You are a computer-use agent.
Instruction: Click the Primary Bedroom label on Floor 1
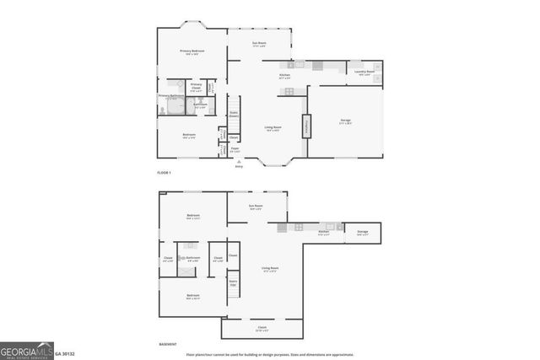pyautogui.click(x=192, y=52)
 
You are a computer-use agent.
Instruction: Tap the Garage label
pyautogui.click(x=345, y=122)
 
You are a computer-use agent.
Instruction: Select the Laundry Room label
pyautogui.click(x=365, y=73)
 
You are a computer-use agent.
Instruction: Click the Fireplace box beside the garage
pyautogui.click(x=305, y=126)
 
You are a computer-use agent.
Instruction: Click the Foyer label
pyautogui.click(x=235, y=149)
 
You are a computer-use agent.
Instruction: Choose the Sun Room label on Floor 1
pyautogui.click(x=259, y=44)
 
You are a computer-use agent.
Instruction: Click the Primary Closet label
pyautogui.click(x=196, y=86)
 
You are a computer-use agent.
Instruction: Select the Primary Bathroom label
pyautogui.click(x=170, y=96)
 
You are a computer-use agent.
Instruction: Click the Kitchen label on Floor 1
pyautogui.click(x=286, y=78)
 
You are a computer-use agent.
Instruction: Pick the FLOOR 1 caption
pyautogui.click(x=164, y=172)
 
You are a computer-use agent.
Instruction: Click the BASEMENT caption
pyautogui.click(x=168, y=345)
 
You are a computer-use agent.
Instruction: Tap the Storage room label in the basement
pyautogui.click(x=362, y=233)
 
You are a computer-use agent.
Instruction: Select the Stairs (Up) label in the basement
pyautogui.click(x=233, y=284)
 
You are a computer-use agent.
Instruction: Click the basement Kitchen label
pyautogui.click(x=323, y=233)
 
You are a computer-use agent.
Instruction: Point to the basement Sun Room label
pyautogui.click(x=256, y=207)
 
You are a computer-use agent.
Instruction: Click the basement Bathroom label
pyautogui.click(x=193, y=259)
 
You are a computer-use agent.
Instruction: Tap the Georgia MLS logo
pyautogui.click(x=26, y=352)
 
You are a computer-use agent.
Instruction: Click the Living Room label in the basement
pyautogui.click(x=270, y=270)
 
